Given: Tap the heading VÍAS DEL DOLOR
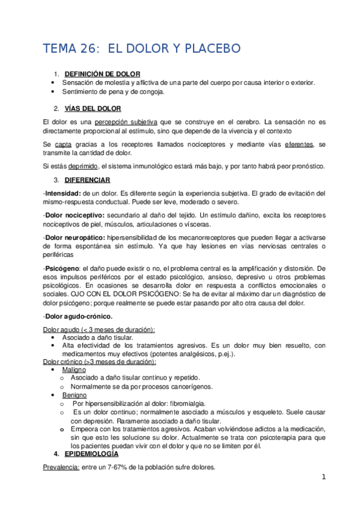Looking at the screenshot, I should point(93,108).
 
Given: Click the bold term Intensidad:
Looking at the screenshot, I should point(63,193).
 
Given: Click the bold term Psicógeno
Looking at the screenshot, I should point(60,268).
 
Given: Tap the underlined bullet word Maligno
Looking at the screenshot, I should point(74,370).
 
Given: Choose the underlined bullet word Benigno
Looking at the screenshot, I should point(75,395).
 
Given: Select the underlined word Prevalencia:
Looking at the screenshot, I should point(61,467).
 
